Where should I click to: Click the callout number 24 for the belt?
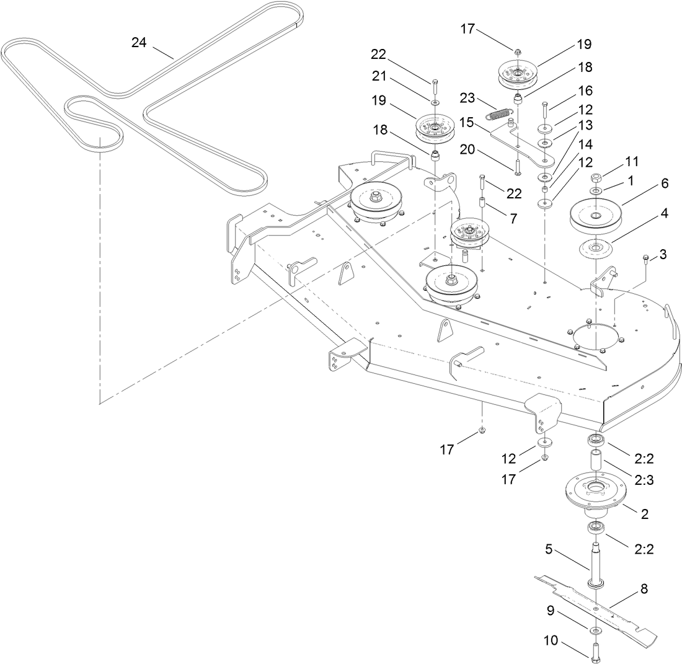click(139, 42)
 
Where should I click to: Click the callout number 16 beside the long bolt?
click(584, 91)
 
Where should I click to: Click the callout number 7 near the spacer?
click(512, 219)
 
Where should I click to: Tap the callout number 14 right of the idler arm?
click(584, 144)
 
